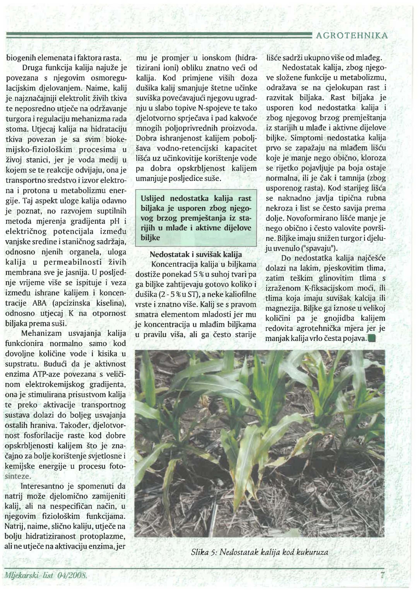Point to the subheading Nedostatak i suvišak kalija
196,255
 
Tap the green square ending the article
372,338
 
